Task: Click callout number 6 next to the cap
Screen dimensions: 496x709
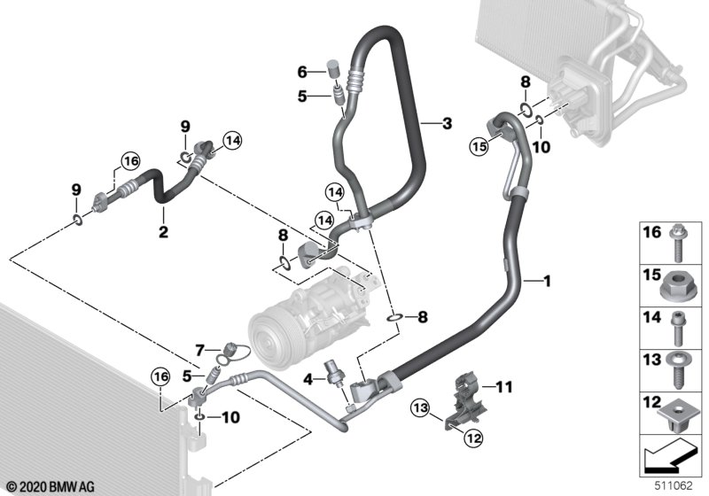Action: tap(301, 71)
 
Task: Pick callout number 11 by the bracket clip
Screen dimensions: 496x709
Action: tap(504, 386)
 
